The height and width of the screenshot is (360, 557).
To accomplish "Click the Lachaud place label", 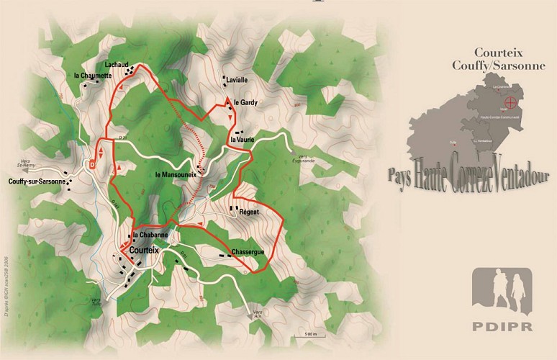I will tap(116, 64).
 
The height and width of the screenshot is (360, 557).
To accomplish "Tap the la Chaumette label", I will tap(93, 75).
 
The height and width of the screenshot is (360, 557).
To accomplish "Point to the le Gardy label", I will tap(245, 103).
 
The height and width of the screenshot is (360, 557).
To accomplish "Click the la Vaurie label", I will tap(242, 138).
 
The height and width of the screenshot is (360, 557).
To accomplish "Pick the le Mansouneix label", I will tap(177, 175).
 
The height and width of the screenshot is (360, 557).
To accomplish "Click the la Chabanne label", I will tap(150, 235).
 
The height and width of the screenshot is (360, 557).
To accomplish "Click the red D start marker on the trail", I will tap(93, 163).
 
